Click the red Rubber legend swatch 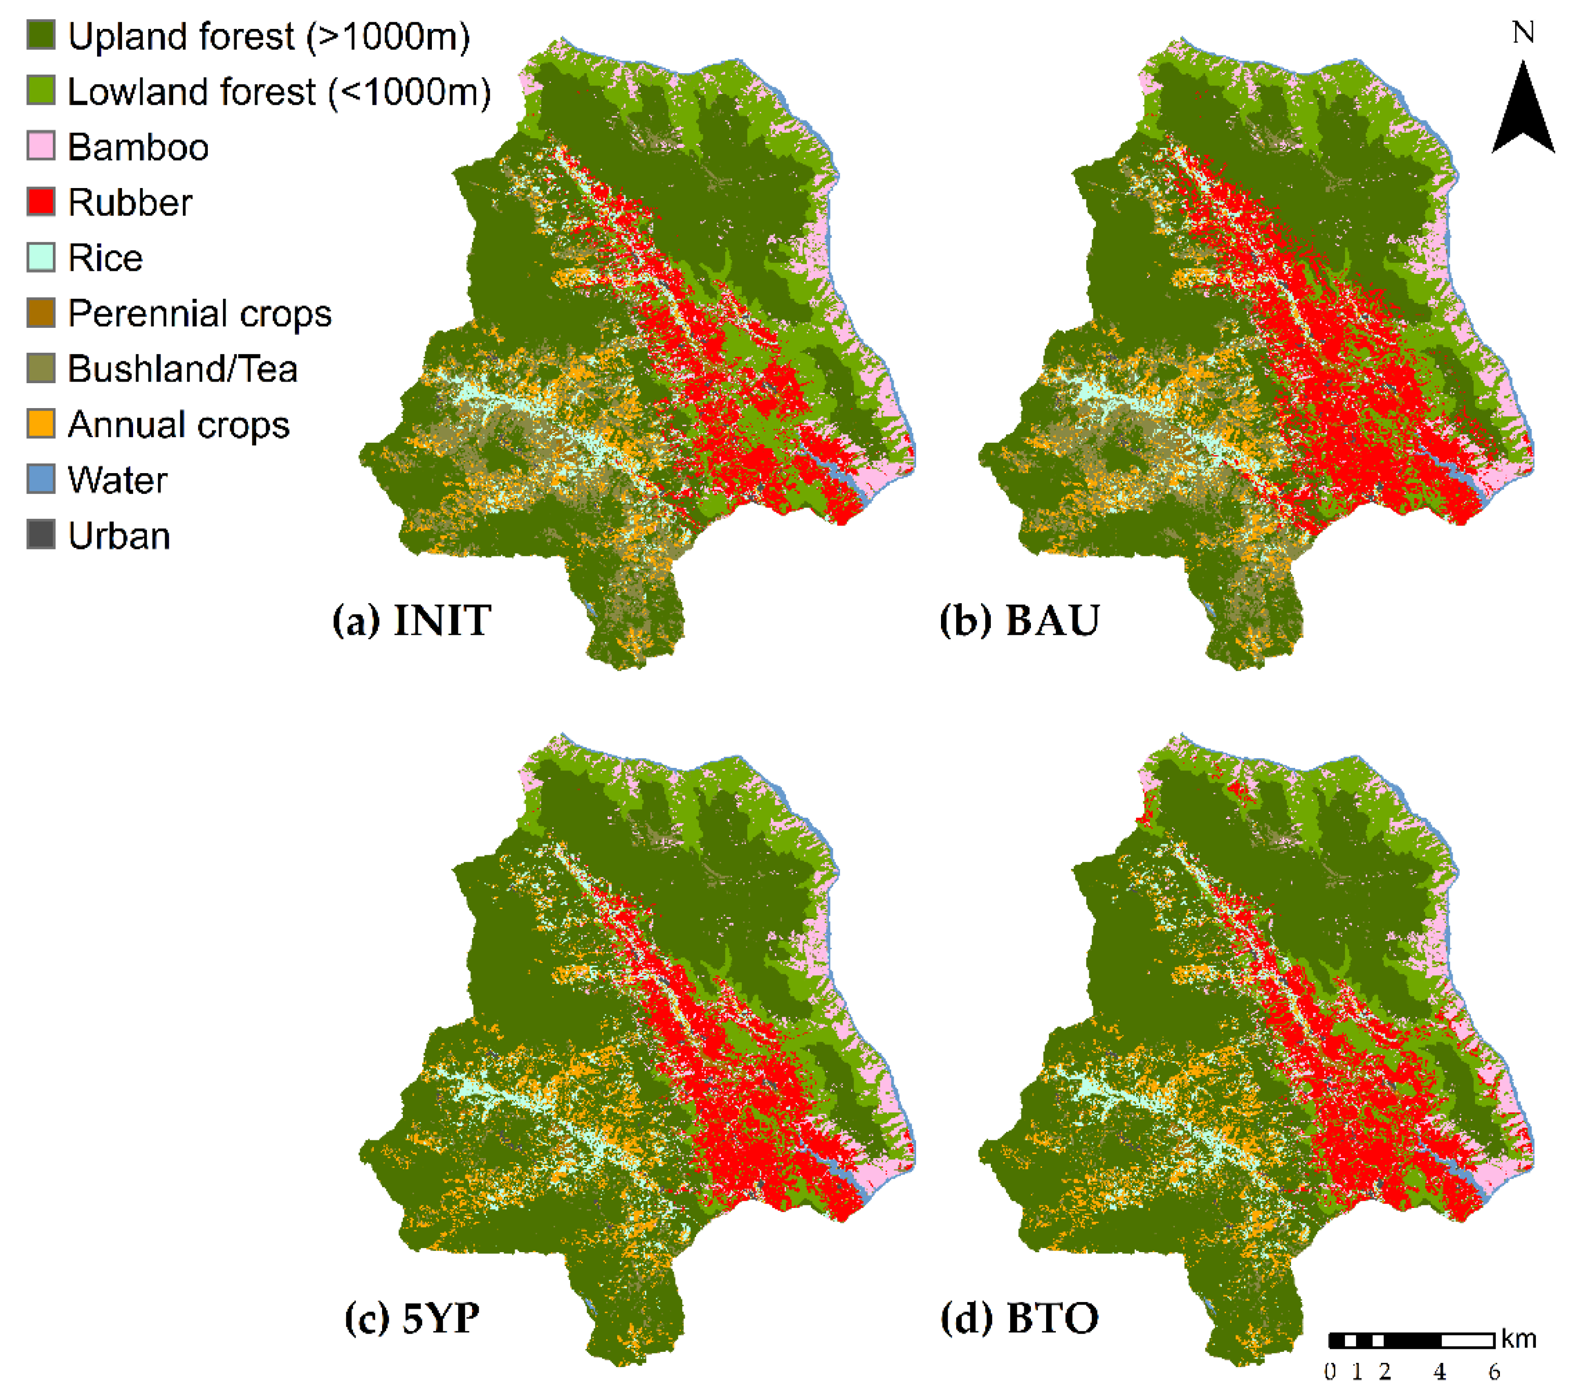pyautogui.click(x=41, y=202)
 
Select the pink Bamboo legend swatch pyautogui.click(x=41, y=146)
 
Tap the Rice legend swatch pyautogui.click(x=41, y=257)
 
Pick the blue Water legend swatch pyautogui.click(x=41, y=479)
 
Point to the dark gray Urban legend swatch pyautogui.click(x=41, y=535)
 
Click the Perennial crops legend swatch pyautogui.click(x=41, y=313)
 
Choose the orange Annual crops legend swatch pyautogui.click(x=41, y=423)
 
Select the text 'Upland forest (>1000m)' pyautogui.click(x=269, y=36)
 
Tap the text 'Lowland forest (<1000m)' pyautogui.click(x=279, y=91)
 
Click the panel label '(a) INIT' pyautogui.click(x=412, y=620)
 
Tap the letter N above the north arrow pyautogui.click(x=1523, y=32)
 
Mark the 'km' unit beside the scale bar pyautogui.click(x=1519, y=1339)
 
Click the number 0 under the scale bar pyautogui.click(x=1330, y=1372)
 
